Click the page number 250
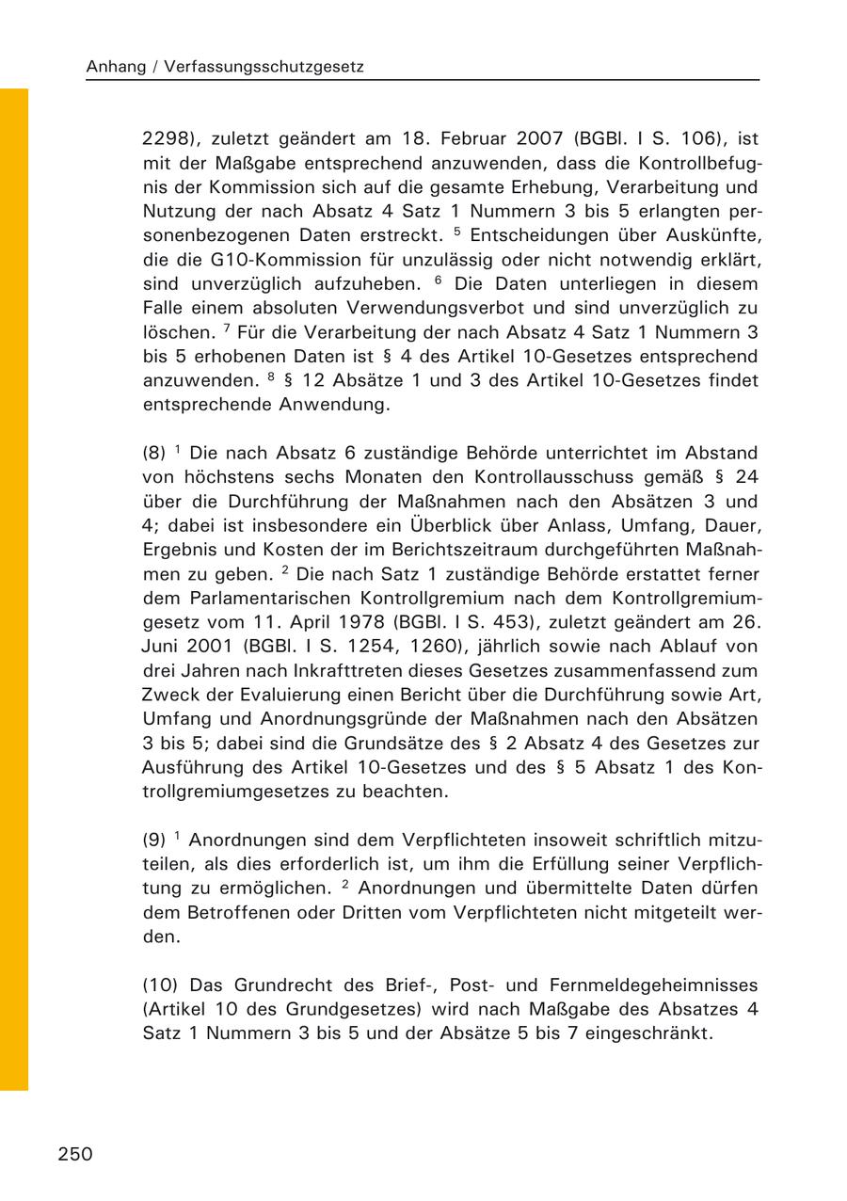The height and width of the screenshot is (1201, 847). point(75,1154)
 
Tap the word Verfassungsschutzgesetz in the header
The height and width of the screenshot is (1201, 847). point(266,67)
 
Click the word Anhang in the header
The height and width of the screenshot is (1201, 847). point(114,67)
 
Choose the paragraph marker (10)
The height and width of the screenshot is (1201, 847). point(160,985)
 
